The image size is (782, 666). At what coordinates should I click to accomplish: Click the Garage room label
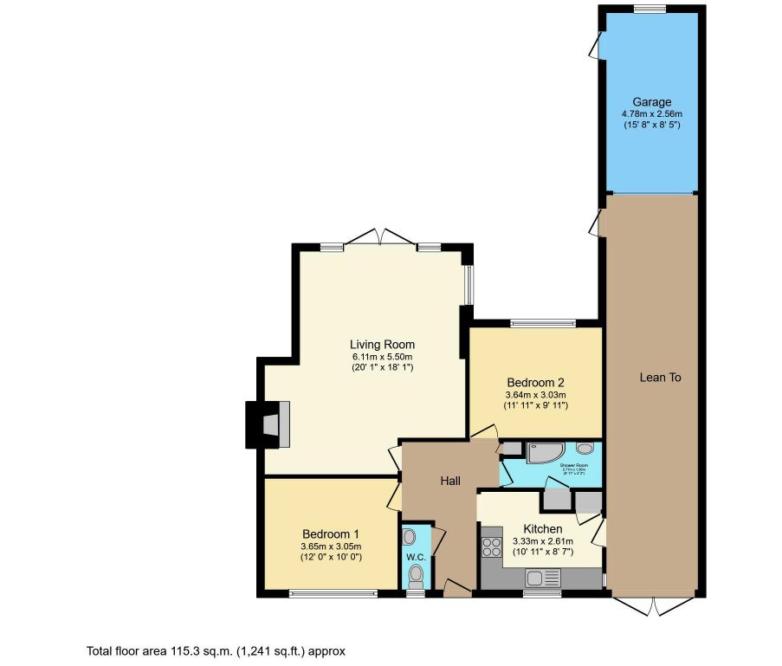tap(650, 102)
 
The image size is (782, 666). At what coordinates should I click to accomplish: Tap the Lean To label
tap(660, 378)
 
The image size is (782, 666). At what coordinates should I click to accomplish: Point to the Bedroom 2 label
tap(536, 383)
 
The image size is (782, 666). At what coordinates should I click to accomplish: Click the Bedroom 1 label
tap(331, 533)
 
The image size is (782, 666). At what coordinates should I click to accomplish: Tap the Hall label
tap(449, 481)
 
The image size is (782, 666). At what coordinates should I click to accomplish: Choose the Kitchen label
tap(543, 529)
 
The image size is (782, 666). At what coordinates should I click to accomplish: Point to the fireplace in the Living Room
tap(268, 424)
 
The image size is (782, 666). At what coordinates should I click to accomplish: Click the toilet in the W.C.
tap(417, 573)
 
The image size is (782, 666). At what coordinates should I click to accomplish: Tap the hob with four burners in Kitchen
tap(492, 547)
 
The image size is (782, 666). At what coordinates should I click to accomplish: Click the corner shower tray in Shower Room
tap(546, 453)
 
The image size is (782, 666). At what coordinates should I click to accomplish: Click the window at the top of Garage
tap(650, 9)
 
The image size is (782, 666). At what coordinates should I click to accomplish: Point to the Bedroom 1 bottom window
tap(333, 594)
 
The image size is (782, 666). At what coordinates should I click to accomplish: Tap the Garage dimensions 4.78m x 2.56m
tap(650, 113)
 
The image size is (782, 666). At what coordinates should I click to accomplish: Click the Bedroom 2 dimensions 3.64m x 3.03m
tap(536, 395)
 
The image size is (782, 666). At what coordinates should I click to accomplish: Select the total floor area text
tap(217, 650)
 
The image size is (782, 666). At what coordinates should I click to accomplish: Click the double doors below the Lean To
tap(656, 605)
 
